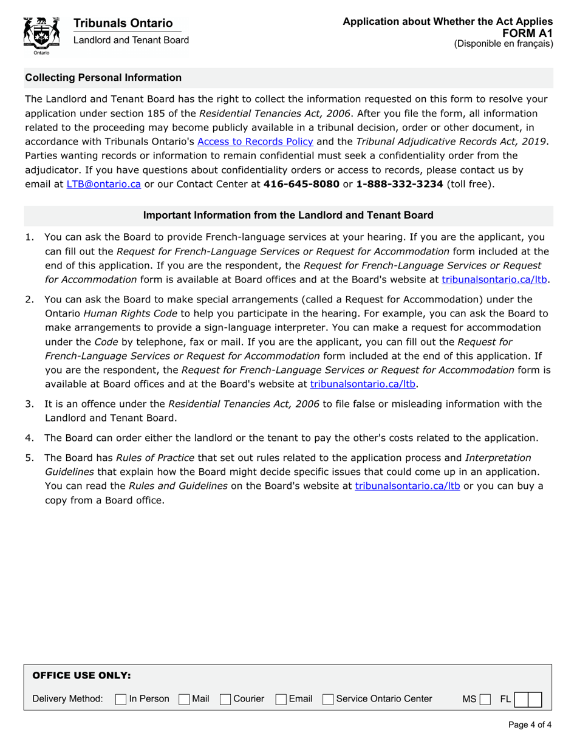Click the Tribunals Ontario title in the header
pyautogui.click(x=123, y=23)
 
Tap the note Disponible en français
pyautogui.click(x=504, y=44)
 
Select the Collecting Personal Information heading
pyautogui.click(x=103, y=78)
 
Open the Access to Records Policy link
pyautogui.click(x=255, y=142)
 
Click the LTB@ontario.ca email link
pyautogui.click(x=103, y=184)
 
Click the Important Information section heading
pyautogui.click(x=288, y=215)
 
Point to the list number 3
pyautogui.click(x=29, y=404)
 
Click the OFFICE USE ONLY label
pyautogui.click(x=81, y=675)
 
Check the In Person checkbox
pyautogui.click(x=121, y=700)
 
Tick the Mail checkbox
pyautogui.click(x=184, y=700)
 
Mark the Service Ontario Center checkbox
pyautogui.click(x=329, y=700)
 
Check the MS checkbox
pyautogui.click(x=484, y=700)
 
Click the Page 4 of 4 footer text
pyautogui.click(x=530, y=725)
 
